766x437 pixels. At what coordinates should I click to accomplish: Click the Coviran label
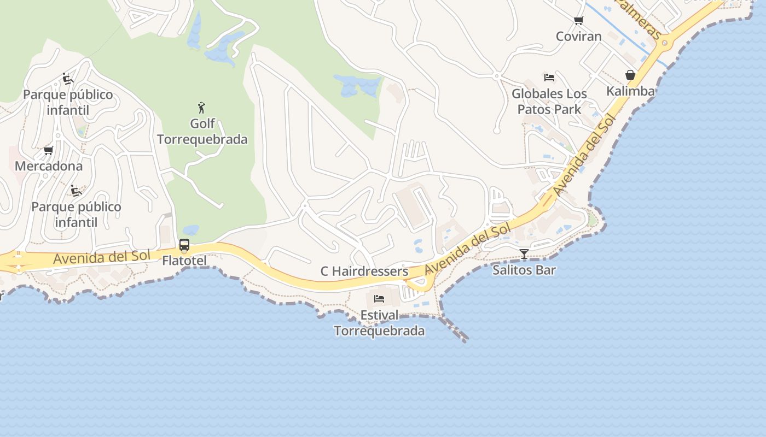pos(578,37)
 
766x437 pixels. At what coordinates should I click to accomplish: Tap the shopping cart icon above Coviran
pos(578,21)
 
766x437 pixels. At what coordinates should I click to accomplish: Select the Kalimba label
pos(630,91)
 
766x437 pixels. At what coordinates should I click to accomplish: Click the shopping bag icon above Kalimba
pos(630,75)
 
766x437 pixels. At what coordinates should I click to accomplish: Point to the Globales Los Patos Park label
pos(549,102)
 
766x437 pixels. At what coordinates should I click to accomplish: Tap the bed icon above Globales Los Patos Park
pos(549,78)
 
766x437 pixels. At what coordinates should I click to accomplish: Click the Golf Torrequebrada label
pos(202,132)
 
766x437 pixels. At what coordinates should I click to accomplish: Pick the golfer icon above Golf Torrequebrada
pos(202,108)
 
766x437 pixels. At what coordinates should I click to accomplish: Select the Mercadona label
pos(49,166)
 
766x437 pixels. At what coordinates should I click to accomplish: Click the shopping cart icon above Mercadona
pos(49,150)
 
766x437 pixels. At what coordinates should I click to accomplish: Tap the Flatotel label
pos(184,261)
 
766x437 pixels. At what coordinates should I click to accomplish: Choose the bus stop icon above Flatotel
pos(184,245)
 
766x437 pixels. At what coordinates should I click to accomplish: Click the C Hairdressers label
pos(364,271)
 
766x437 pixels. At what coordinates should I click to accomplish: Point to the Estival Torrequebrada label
pos(379,323)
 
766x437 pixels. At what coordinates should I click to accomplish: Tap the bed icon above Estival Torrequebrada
pos(379,299)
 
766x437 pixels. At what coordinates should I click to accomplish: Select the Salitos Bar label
pos(524,270)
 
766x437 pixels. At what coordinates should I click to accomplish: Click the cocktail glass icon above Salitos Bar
pos(524,254)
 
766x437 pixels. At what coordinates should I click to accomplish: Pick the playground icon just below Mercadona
pos(76,191)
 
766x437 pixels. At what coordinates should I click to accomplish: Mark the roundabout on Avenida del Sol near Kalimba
pos(665,43)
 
